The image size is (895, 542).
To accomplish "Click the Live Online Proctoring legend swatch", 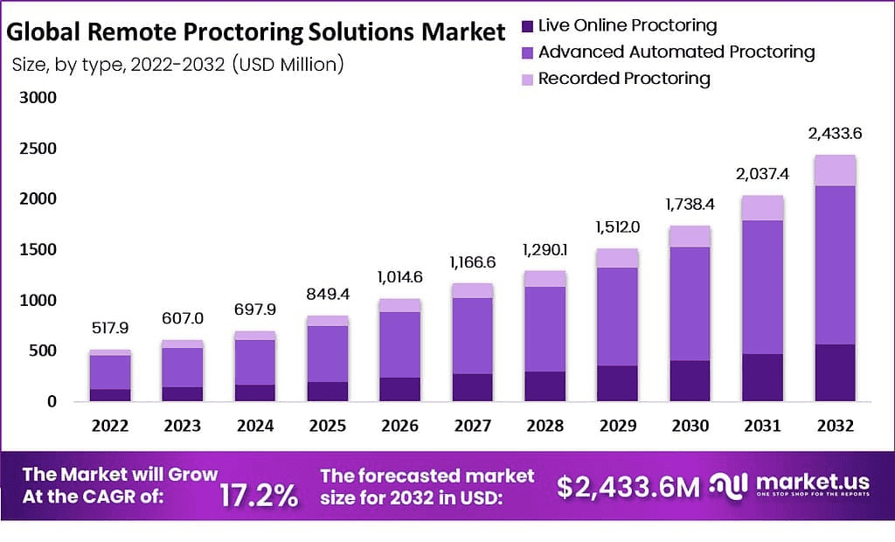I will tap(526, 25).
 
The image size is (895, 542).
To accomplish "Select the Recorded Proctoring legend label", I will tap(624, 79).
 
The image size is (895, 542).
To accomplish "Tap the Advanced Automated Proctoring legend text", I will tap(676, 52).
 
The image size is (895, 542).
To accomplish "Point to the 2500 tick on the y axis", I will tap(39, 149).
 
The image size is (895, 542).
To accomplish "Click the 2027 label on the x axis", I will tap(472, 426).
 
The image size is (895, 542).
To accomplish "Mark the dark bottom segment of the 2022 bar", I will tap(110, 395).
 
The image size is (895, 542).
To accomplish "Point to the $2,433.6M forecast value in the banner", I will tap(628, 488).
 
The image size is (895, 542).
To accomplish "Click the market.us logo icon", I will tap(727, 486).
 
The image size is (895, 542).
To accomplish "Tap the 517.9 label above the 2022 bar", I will tap(110, 328).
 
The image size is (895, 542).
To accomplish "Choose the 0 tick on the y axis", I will tap(52, 402).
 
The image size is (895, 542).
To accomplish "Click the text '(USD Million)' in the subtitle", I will tap(288, 64).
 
